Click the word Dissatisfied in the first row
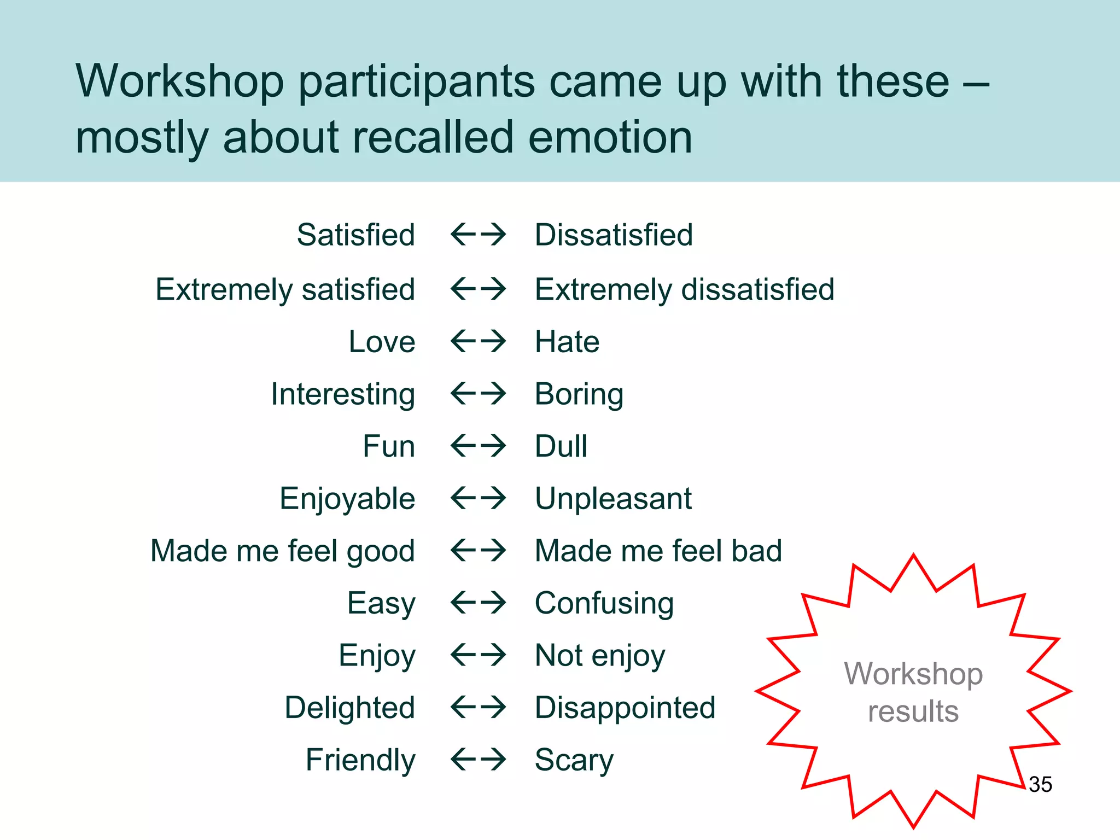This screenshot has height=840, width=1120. tap(614, 235)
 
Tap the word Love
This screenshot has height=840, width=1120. tap(382, 342)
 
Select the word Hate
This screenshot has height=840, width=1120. tap(567, 342)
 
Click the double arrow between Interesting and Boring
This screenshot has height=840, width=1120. tap(479, 394)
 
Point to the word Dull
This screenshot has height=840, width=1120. tap(561, 446)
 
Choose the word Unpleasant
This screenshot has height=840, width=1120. tap(613, 499)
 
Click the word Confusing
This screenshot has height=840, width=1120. tap(604, 603)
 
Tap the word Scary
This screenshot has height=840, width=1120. tap(574, 760)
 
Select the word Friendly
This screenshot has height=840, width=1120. tap(360, 760)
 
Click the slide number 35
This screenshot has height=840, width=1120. tap(1040, 784)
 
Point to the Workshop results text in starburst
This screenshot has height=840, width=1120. tap(913, 692)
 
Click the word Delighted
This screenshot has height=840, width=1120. tap(350, 708)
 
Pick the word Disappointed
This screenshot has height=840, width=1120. tap(625, 708)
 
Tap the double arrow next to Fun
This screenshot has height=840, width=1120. tap(479, 446)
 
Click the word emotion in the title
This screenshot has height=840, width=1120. tap(610, 137)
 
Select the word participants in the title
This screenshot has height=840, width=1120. tap(417, 82)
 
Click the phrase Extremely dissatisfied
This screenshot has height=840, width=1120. tap(685, 289)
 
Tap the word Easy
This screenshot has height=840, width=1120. tap(381, 603)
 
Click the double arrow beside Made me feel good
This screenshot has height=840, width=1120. tap(479, 551)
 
